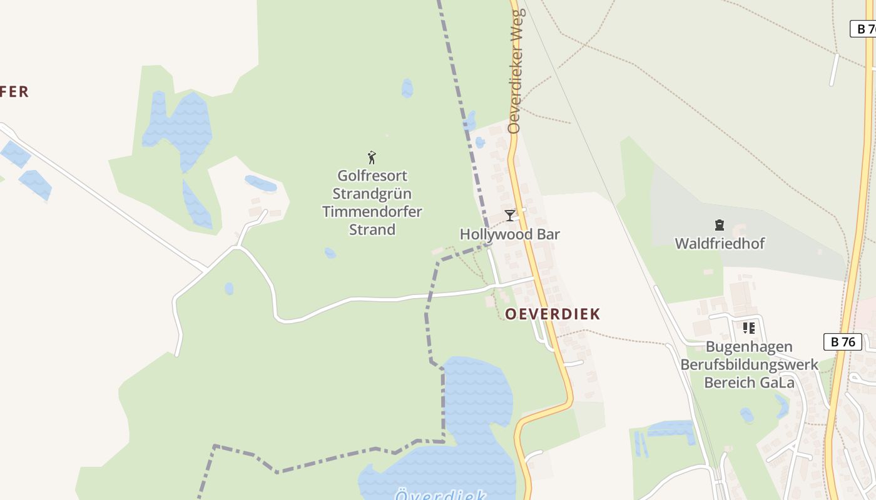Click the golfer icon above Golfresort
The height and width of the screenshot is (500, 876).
coord(372,157)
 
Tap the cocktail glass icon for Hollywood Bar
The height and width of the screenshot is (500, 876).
coord(510,216)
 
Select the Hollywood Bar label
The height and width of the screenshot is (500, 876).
coord(509,234)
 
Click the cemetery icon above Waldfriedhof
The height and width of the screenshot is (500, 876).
coord(720,225)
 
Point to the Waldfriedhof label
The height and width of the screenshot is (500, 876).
coord(720,243)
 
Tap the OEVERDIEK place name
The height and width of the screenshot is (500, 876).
coord(553,314)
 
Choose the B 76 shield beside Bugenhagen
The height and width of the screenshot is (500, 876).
coord(843,342)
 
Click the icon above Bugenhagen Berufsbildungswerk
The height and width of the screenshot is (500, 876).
coord(748,327)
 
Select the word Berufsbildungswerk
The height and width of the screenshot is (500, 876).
coord(749,364)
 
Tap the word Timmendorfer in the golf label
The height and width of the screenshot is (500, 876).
coord(372,211)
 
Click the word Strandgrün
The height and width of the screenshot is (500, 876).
coord(372,193)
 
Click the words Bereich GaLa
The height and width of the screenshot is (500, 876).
coord(749,382)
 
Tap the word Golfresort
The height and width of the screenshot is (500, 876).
coord(372,176)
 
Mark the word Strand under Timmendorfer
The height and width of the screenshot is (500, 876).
coord(372,229)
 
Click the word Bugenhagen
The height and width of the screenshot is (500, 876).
coord(749,347)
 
